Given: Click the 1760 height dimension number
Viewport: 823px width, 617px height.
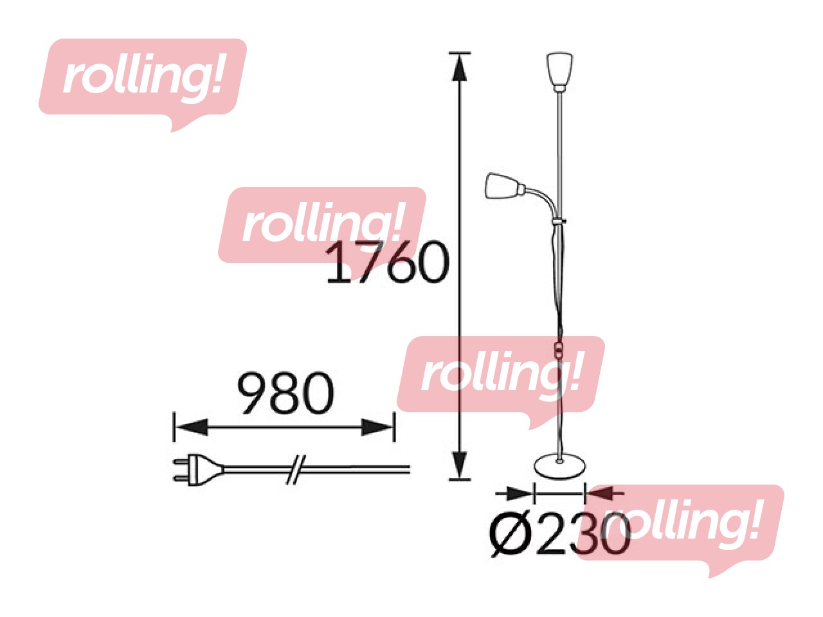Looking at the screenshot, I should [386, 263].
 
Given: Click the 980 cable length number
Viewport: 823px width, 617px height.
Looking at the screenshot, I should [286, 393].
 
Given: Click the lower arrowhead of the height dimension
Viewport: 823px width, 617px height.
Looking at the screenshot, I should [459, 464].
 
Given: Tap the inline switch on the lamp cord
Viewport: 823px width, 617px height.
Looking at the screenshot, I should [559, 352].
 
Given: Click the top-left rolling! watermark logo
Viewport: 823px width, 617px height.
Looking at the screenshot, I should [143, 78].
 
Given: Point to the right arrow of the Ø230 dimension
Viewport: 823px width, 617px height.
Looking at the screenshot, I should [601, 494].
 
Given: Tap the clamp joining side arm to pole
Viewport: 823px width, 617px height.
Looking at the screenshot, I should [559, 222].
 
